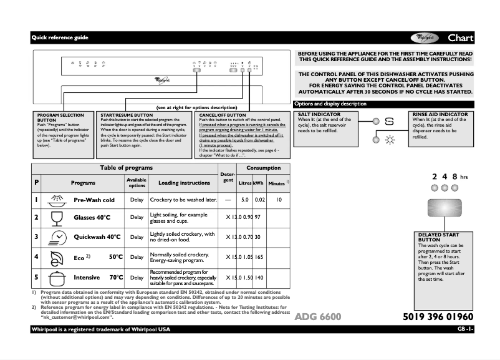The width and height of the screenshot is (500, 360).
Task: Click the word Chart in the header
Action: [x=460, y=38]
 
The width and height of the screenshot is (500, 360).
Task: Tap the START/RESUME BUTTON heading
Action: [x=127, y=115]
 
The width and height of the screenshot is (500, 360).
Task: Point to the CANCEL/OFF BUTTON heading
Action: [x=223, y=115]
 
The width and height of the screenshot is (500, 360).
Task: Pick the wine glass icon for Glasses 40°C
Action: [x=57, y=218]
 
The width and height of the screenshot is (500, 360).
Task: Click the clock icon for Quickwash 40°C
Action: [x=57, y=237]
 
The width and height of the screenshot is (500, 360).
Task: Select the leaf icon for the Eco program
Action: [x=57, y=257]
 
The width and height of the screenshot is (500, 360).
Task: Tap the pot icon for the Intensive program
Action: [x=57, y=277]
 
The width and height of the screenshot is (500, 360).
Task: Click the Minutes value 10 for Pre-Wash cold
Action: [x=279, y=200]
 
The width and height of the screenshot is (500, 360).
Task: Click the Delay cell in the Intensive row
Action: [x=137, y=278]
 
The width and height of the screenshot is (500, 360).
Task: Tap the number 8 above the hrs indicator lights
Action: [x=455, y=177]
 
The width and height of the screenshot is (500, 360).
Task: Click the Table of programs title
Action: [x=127, y=168]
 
